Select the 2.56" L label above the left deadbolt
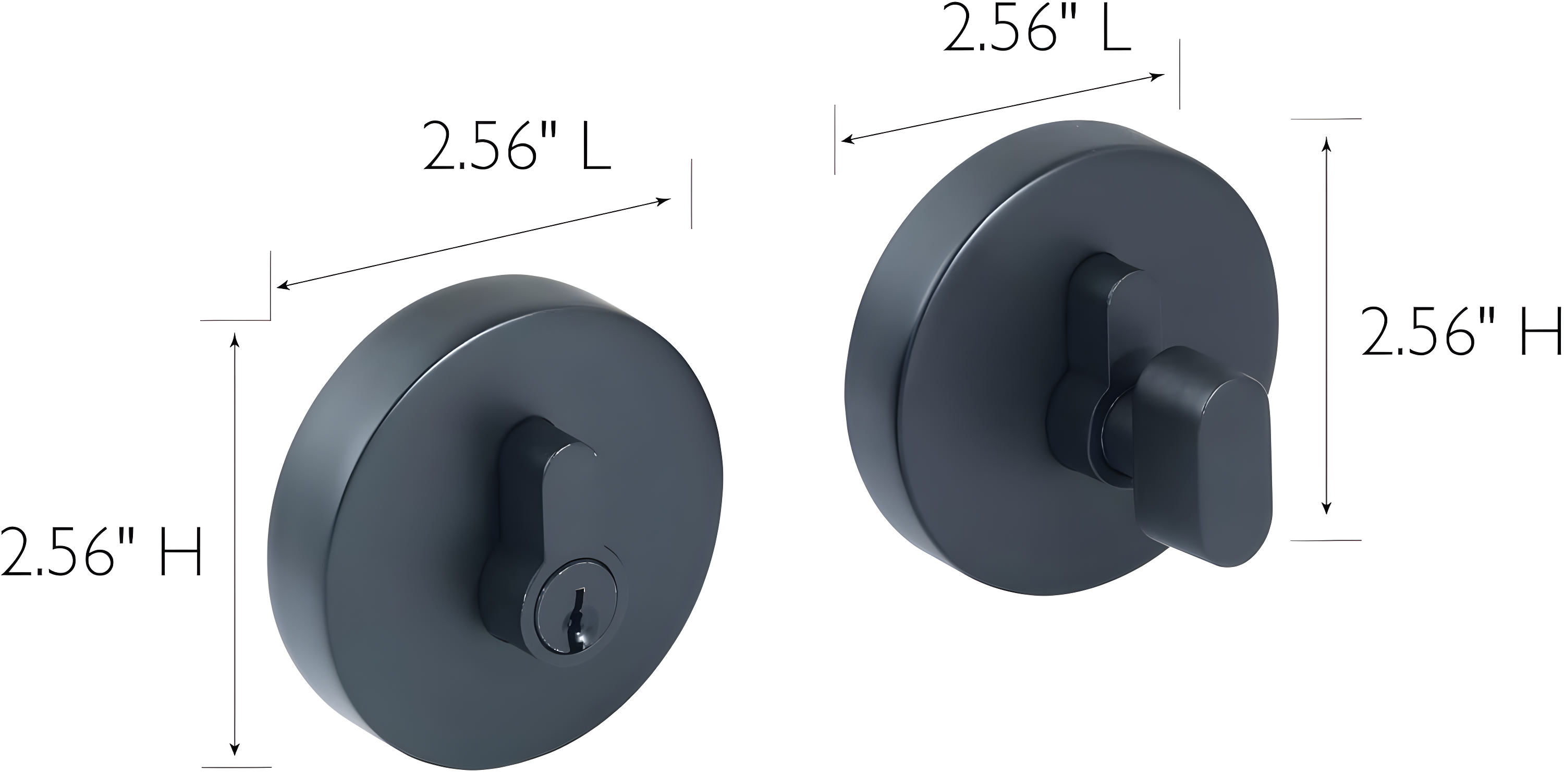pos(517,146)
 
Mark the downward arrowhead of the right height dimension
pos(1327,509)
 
